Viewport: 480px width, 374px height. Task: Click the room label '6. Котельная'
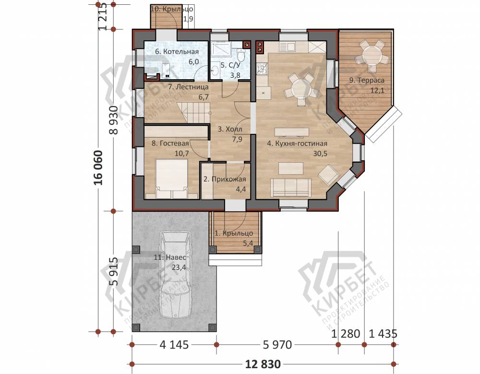(x=177, y=51)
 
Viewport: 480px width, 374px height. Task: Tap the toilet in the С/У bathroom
(x=241, y=55)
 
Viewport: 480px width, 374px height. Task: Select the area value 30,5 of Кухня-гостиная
(x=320, y=154)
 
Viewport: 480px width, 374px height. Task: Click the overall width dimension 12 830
(x=263, y=364)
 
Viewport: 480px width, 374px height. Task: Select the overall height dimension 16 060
(x=98, y=168)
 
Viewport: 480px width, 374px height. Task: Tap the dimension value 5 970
(x=277, y=345)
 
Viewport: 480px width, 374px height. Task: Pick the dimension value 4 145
(x=174, y=345)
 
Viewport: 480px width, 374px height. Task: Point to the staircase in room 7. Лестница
(x=193, y=113)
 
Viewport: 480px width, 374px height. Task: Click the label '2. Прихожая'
(x=225, y=180)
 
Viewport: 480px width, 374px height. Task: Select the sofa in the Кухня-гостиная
(x=291, y=187)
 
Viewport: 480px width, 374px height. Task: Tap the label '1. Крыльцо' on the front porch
(x=234, y=233)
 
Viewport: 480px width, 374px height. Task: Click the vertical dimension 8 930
(x=114, y=121)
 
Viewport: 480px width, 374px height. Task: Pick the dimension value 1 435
(x=383, y=334)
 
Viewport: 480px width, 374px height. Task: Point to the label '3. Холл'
(x=230, y=129)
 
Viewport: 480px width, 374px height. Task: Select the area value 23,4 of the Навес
(x=179, y=267)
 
